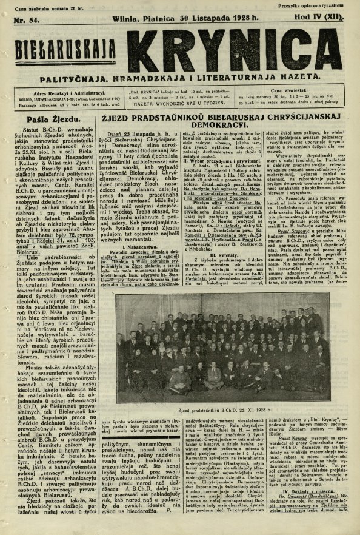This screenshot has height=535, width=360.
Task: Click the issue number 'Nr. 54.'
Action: [19, 19]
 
